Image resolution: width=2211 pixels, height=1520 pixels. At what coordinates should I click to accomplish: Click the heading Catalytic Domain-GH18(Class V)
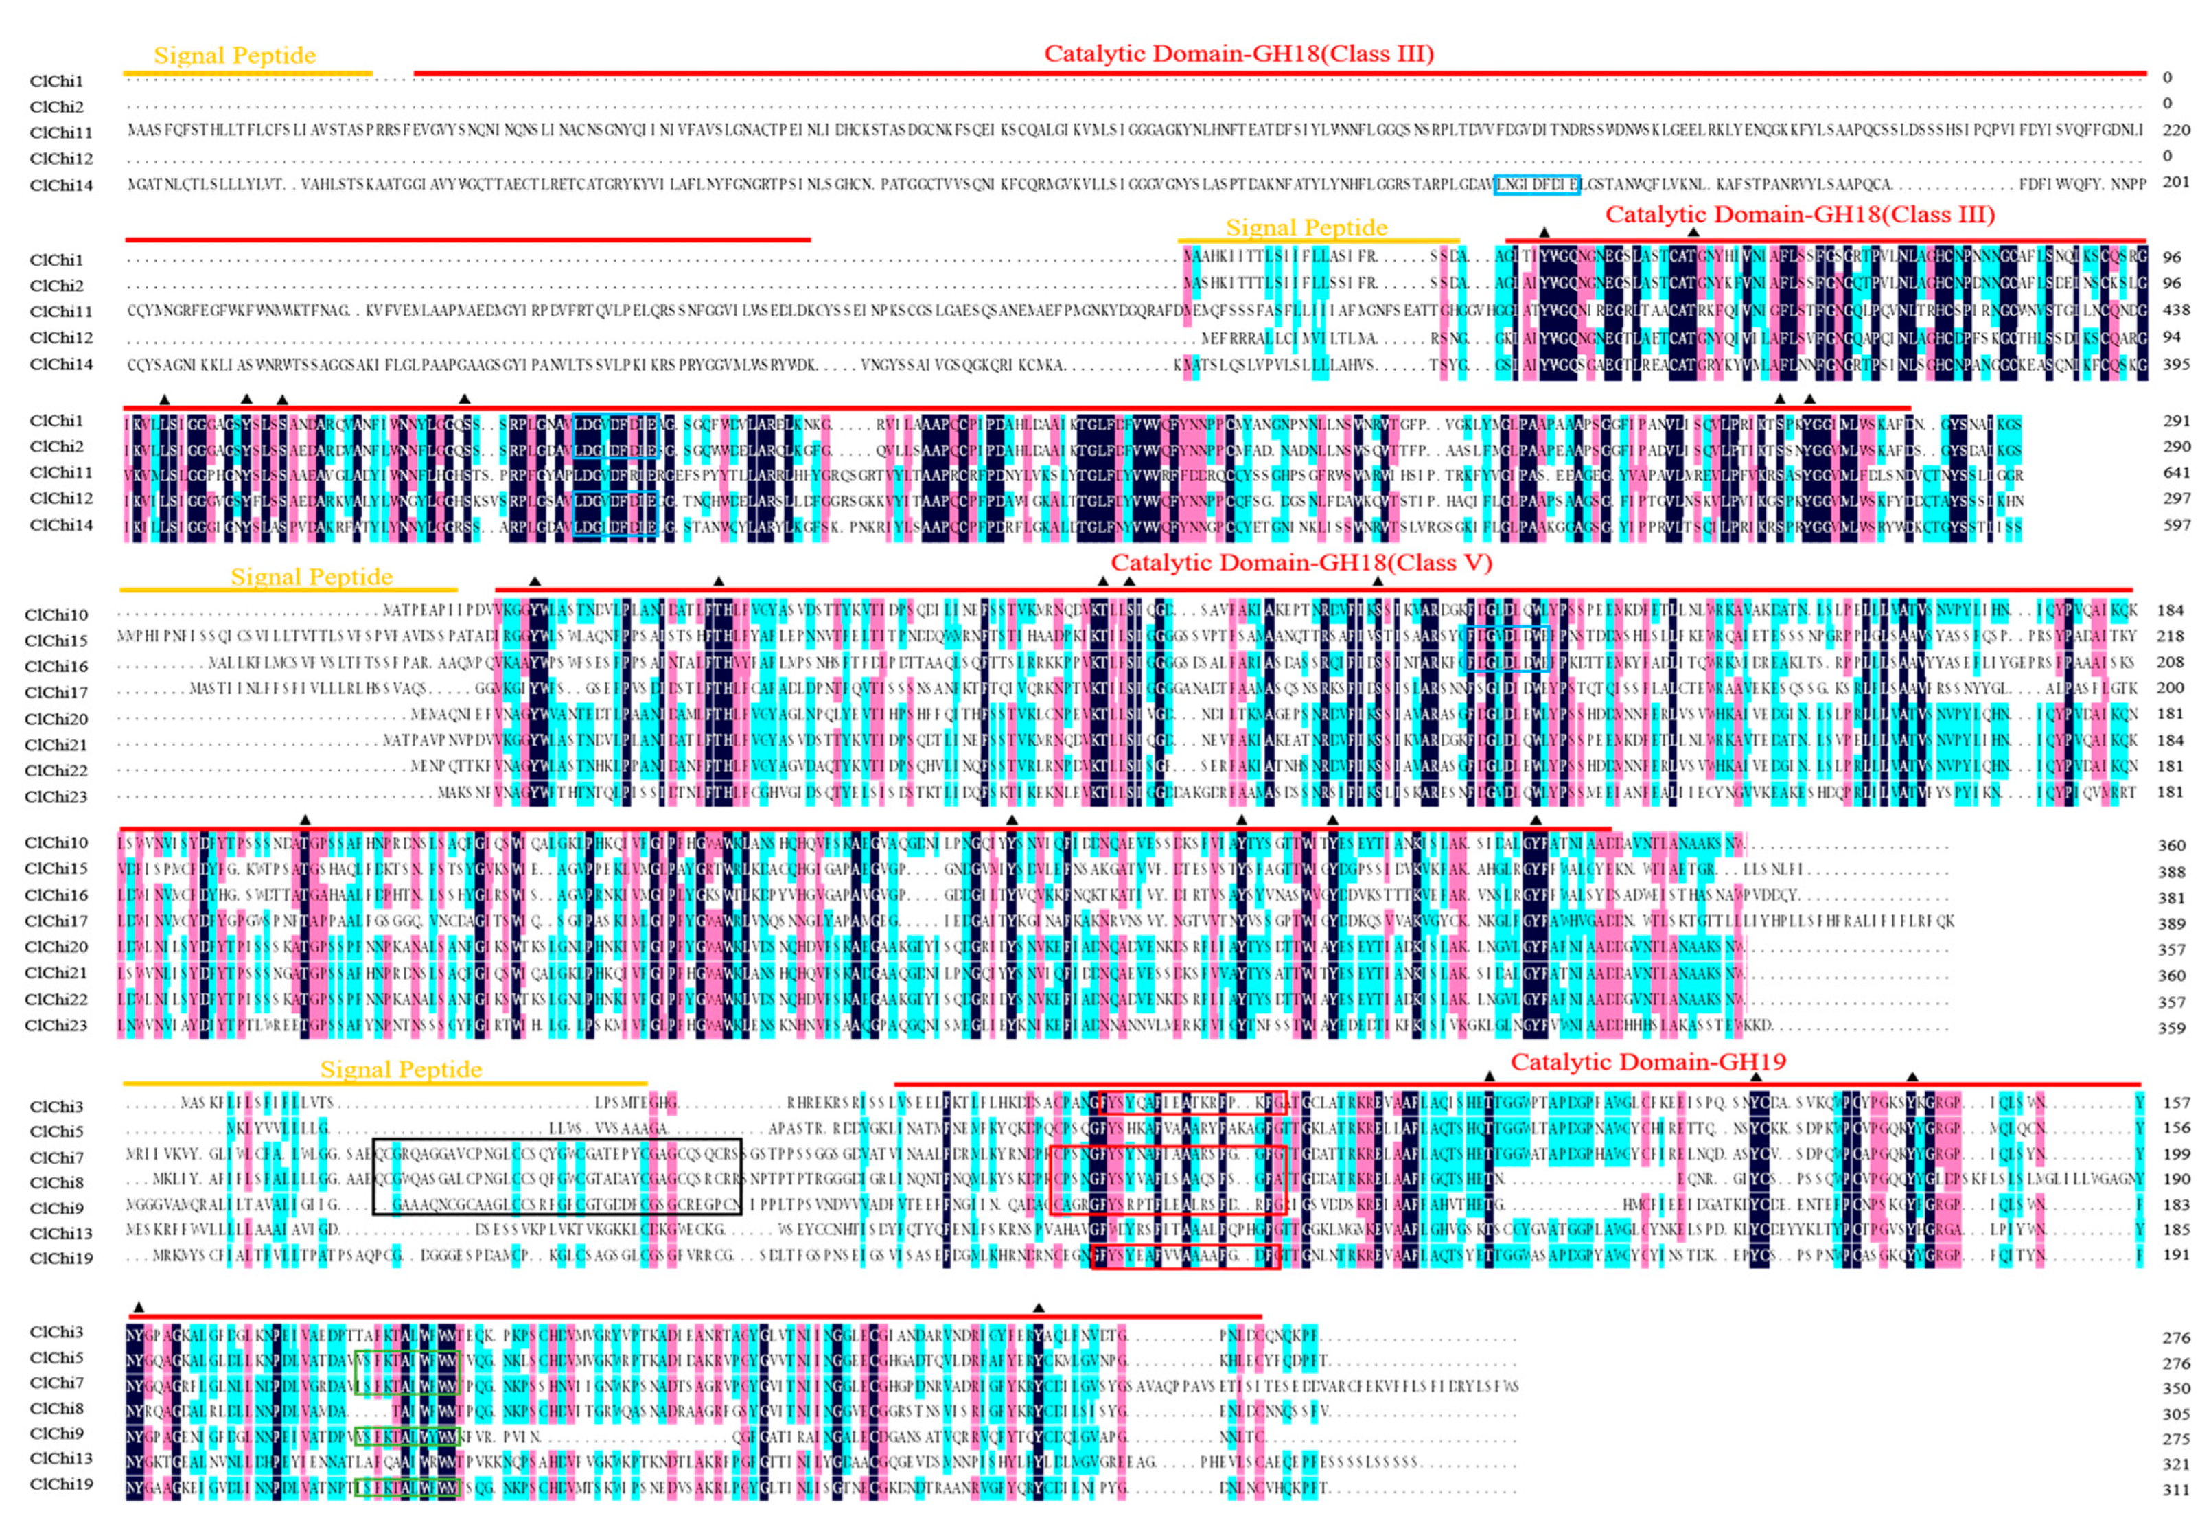1301,563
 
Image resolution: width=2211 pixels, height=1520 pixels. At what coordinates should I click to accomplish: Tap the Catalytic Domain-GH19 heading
1648,1062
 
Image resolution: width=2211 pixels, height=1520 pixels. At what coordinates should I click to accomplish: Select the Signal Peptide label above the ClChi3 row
401,1070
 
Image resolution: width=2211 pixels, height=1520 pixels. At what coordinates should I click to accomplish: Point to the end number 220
2176,130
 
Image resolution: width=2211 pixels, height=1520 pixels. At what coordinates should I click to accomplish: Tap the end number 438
2176,310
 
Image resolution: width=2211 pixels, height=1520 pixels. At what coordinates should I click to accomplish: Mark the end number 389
2171,924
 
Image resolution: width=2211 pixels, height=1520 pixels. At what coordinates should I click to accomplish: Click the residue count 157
2176,1103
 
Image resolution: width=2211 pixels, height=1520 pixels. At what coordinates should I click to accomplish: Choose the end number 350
2176,1389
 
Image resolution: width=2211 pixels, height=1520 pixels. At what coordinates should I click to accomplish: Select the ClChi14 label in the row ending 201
61,185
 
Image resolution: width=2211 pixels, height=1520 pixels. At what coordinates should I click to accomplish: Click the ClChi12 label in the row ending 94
61,337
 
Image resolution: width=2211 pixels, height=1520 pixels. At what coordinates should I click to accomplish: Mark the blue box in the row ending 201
1537,185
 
